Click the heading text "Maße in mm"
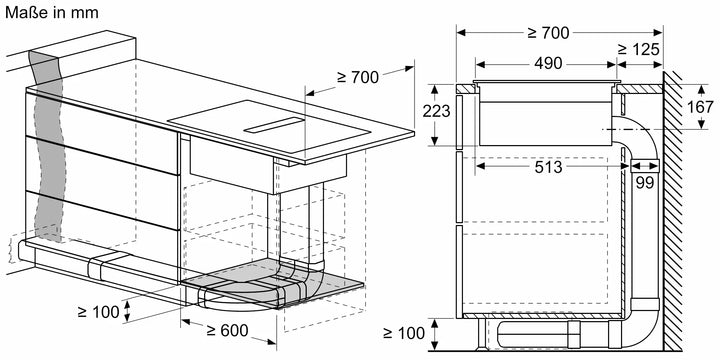(47, 13)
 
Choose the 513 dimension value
(547, 168)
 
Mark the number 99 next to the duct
(644, 182)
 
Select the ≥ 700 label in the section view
(546, 33)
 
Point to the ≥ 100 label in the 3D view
(97, 311)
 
